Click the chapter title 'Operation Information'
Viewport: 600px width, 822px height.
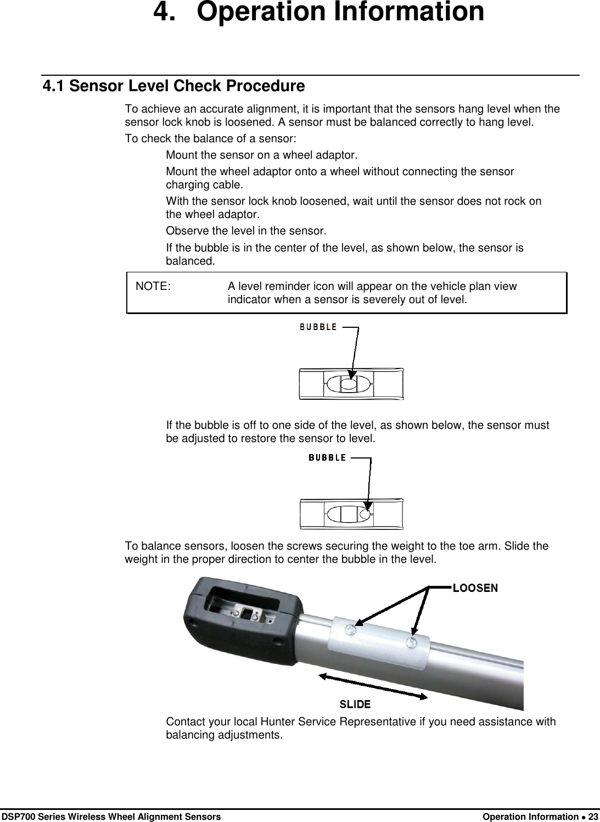(x=340, y=12)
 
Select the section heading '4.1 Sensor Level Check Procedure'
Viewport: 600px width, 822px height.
(x=173, y=86)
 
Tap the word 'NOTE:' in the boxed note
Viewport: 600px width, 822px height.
(x=153, y=286)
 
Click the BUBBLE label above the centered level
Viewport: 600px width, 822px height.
(x=318, y=327)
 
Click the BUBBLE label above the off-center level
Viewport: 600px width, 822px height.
(x=327, y=457)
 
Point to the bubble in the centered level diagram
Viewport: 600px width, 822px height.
(x=349, y=384)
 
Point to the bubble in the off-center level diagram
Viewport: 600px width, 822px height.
(x=365, y=514)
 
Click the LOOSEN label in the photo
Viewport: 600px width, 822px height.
(x=475, y=588)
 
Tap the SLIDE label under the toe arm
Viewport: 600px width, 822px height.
(x=355, y=704)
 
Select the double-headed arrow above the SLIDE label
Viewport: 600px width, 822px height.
(x=373, y=686)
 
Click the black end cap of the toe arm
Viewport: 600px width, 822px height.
(x=242, y=615)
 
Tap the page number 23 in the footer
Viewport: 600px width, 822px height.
(x=593, y=817)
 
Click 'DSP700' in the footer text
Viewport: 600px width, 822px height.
(x=16, y=817)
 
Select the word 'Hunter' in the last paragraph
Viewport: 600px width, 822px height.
(x=278, y=722)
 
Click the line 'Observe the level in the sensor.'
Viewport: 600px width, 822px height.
(x=246, y=231)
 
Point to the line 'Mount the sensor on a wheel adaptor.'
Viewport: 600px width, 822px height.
(x=261, y=155)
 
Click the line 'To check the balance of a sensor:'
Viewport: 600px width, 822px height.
(x=211, y=138)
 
